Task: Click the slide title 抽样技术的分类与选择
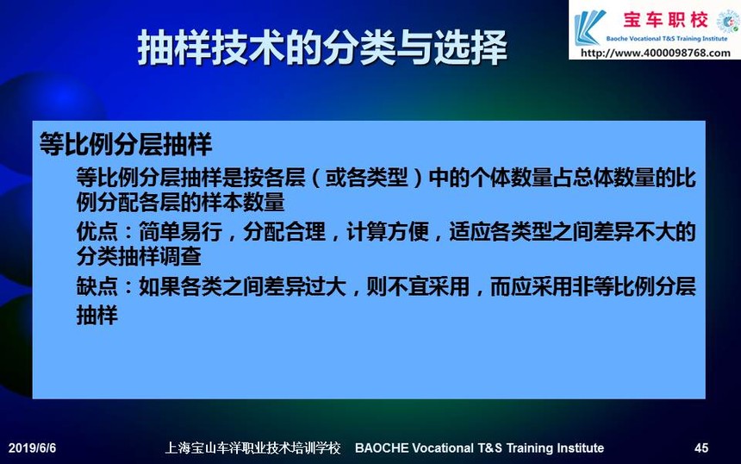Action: (322, 47)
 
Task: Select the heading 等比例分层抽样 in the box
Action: (125, 144)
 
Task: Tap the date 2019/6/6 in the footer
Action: (32, 448)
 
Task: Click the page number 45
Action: (701, 448)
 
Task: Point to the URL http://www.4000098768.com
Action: (656, 53)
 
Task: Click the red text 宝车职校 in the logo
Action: (665, 20)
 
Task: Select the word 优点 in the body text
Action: (97, 232)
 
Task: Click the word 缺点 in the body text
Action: (97, 286)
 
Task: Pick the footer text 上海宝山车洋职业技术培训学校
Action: (252, 448)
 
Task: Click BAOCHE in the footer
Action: (382, 448)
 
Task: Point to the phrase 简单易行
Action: (180, 232)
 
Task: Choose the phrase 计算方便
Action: (388, 232)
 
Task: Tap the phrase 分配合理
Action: (284, 232)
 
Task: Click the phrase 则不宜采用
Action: (418, 286)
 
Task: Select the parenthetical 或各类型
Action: (366, 178)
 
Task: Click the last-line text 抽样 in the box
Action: (97, 315)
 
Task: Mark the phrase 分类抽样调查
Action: (139, 256)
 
